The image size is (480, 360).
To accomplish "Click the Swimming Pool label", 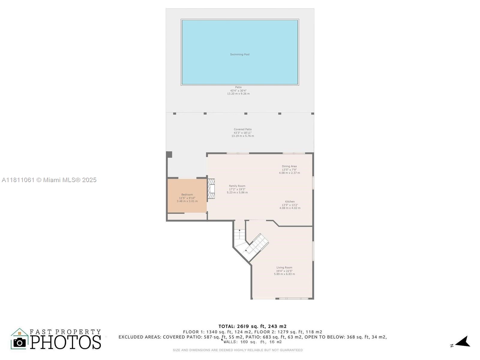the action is [240, 54].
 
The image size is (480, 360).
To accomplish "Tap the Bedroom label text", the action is [187, 194].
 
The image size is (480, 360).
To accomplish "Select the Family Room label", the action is [237, 186].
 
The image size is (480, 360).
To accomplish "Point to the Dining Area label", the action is [289, 166].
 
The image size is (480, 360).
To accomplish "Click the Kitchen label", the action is [290, 202].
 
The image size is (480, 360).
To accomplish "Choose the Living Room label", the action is [284, 267].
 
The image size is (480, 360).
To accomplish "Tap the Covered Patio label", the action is [242, 129].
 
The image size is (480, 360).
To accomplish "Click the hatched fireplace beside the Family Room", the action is [211, 189].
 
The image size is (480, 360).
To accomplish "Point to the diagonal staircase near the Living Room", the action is [257, 244].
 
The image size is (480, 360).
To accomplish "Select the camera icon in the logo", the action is [19, 342].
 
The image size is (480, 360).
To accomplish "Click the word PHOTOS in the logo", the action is [66, 342].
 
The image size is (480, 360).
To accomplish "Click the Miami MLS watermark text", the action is [49, 180].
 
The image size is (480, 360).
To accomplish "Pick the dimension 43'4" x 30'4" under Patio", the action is [238, 91].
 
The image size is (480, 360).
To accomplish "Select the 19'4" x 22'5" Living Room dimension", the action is [284, 271].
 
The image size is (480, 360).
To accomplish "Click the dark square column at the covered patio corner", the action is [169, 154].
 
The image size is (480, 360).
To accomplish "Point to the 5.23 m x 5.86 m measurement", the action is [237, 193].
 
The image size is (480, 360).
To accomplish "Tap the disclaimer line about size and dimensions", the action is [238, 350].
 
